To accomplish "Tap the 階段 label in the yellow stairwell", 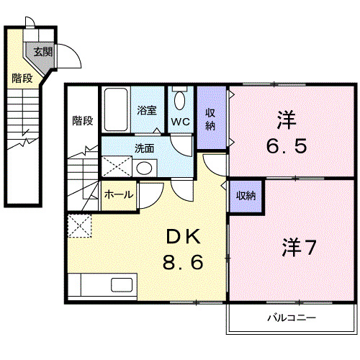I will coord(22,78).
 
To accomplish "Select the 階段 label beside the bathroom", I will coord(83,120).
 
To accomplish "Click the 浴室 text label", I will coord(148,111).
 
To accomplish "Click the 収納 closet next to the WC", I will coord(210,118).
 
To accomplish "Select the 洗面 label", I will coord(144,149).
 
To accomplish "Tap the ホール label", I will coord(118,194).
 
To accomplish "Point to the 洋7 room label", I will coord(298,247).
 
